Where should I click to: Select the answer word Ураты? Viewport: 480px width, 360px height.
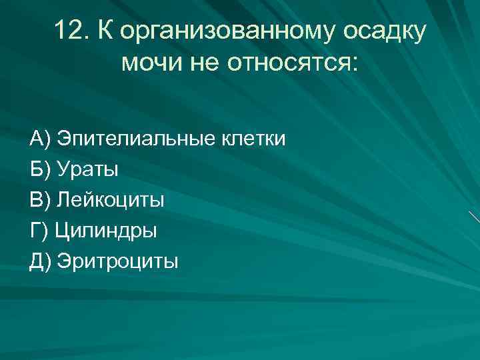(x=87, y=170)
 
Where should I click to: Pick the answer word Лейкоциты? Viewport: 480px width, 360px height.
(x=110, y=201)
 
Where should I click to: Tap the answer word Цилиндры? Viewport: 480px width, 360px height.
(x=106, y=231)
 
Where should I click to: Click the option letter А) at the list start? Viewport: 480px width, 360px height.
(x=41, y=139)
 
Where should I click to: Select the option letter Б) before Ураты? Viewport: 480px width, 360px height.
(x=41, y=170)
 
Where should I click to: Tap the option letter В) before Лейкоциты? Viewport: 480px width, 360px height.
(x=41, y=201)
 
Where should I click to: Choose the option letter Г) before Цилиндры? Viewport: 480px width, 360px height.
(x=39, y=231)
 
